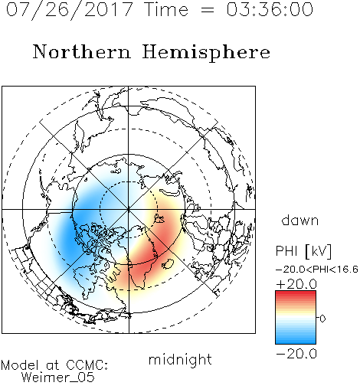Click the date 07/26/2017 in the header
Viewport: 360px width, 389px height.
[70, 10]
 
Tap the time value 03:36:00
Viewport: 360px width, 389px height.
[270, 10]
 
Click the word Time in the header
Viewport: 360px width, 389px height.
[166, 10]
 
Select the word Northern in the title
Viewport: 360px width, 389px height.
[82, 52]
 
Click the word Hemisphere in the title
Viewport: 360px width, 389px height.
[206, 53]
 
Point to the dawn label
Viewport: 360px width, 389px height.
[300, 220]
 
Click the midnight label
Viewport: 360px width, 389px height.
[180, 359]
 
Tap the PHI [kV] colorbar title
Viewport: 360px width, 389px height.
[303, 251]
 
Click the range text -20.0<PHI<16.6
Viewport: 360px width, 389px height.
[317, 270]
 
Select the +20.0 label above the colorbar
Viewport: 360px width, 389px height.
[296, 284]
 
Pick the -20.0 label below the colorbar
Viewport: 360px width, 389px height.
[296, 354]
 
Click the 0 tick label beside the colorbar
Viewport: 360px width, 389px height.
[322, 319]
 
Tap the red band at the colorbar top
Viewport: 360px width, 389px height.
[296, 293]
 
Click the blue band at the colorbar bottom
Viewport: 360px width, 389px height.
[296, 341]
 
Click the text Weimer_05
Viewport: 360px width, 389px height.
[57, 378]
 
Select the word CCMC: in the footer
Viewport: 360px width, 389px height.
[87, 365]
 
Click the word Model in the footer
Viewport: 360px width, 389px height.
[21, 365]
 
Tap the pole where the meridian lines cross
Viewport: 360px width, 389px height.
[129, 209]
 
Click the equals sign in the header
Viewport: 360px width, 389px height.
[208, 10]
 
